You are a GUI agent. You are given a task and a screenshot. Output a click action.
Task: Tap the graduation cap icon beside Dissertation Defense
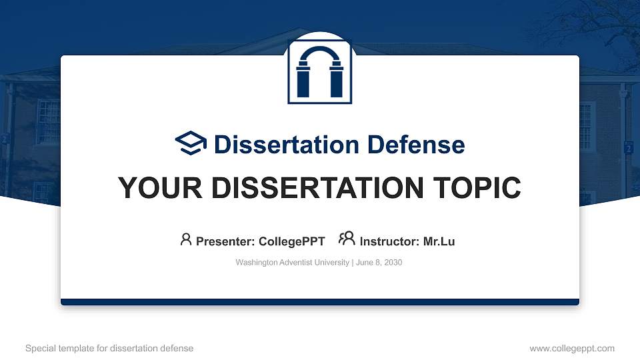tap(191, 143)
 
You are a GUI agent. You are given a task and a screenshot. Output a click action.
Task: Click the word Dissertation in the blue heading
tap(286, 145)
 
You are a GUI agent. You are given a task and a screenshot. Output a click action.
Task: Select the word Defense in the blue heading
tap(416, 145)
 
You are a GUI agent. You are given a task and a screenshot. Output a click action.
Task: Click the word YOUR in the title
tap(160, 188)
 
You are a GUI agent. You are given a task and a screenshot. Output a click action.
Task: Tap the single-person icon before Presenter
tap(186, 239)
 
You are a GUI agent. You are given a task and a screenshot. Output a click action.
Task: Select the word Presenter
tap(225, 241)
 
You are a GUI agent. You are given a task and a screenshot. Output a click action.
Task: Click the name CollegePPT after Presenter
tap(292, 241)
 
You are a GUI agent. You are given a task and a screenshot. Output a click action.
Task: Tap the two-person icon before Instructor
tap(347, 239)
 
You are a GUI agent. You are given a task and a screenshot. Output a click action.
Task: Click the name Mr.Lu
tap(439, 241)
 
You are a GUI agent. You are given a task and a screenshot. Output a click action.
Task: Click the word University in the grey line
tap(330, 263)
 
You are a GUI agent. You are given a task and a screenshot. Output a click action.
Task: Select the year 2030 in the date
tap(393, 263)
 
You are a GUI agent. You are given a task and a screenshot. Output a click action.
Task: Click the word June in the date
tap(364, 263)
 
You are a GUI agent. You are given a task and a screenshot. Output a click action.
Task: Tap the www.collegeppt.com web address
tap(572, 349)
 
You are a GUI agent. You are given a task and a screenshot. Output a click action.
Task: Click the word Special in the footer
tap(41, 349)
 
